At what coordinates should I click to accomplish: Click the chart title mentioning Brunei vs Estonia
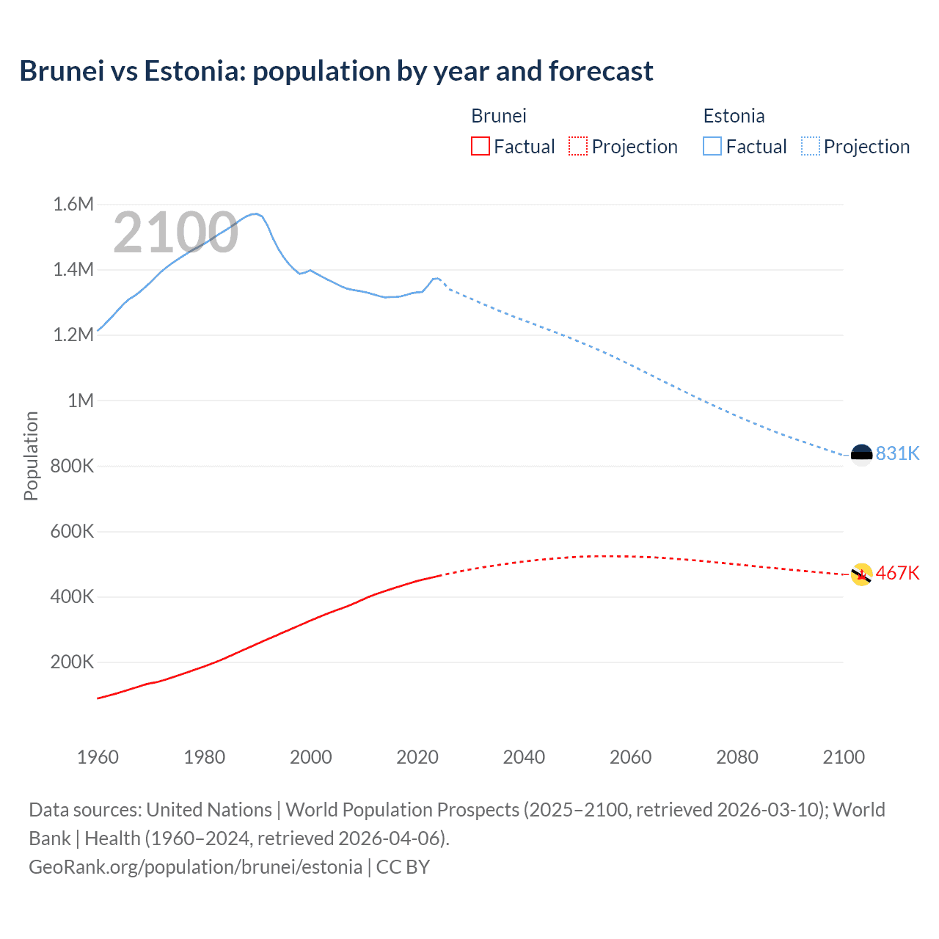point(336,71)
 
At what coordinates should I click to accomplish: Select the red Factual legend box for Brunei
point(480,146)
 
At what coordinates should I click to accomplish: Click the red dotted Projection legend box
point(578,146)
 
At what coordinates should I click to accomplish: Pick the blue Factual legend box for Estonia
point(712,146)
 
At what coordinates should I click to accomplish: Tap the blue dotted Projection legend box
point(810,146)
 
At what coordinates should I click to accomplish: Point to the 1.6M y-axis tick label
point(73,204)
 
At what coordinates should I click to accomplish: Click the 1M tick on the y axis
point(81,401)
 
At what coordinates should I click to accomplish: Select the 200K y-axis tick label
point(72,662)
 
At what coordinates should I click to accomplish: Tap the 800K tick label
point(72,466)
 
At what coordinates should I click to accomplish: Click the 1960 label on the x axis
point(98,757)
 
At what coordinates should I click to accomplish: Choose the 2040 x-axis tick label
point(524,757)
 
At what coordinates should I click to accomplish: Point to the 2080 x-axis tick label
point(737,757)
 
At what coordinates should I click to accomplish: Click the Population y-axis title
point(31,456)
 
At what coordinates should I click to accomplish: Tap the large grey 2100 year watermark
point(175,233)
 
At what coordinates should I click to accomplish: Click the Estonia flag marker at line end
point(861,455)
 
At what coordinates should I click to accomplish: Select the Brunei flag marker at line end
point(861,574)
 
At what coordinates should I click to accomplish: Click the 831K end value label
point(897,453)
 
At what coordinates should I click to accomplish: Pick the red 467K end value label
point(897,573)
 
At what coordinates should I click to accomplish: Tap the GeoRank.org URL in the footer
point(195,867)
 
